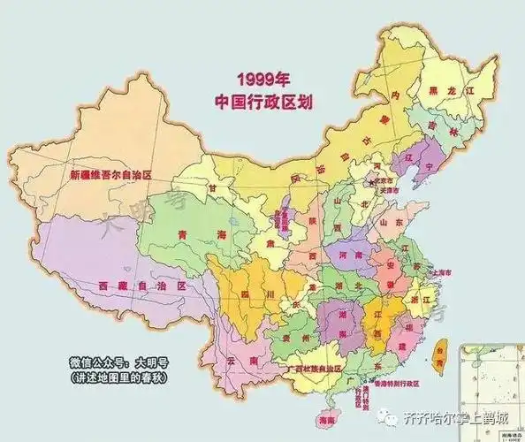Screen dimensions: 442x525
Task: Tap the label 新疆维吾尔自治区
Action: (x=111, y=175)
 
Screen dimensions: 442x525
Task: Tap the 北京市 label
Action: (x=390, y=178)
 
